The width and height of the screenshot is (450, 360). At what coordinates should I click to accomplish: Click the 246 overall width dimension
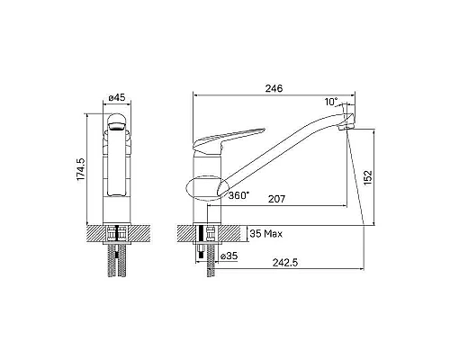tap(274, 88)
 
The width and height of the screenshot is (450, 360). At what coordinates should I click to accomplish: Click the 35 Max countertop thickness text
tap(269, 234)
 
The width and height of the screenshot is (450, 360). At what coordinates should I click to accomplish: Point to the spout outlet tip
tap(344, 125)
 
